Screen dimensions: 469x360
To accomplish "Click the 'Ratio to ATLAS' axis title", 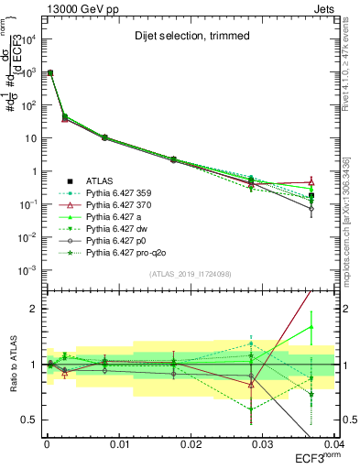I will [12, 365].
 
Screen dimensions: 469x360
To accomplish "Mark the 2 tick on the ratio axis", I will [35, 309].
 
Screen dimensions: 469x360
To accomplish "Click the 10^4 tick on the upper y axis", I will [27, 39].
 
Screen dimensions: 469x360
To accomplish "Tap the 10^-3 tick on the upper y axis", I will [27, 270].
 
